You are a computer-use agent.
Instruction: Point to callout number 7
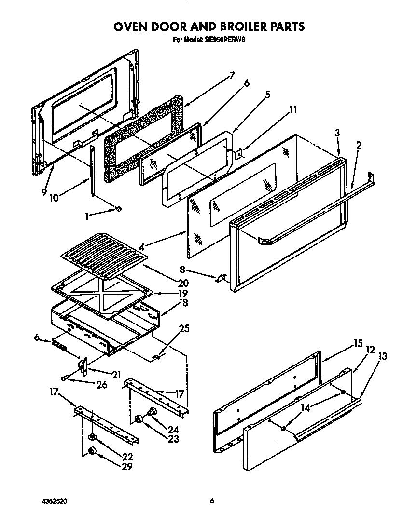(232, 75)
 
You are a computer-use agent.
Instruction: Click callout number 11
(292, 110)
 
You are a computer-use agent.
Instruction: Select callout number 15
(358, 344)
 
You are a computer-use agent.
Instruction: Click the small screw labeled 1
(118, 209)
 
